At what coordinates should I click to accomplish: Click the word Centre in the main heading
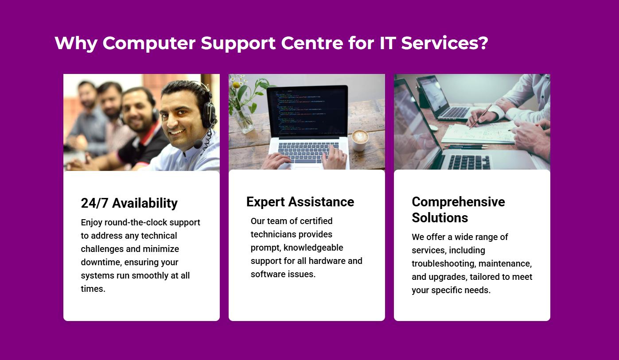312,43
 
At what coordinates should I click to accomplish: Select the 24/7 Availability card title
129,203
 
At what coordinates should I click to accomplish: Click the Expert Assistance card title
300,202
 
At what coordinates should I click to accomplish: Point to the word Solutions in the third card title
440,217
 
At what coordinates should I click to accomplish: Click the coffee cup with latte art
360,139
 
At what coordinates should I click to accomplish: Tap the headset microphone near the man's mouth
198,144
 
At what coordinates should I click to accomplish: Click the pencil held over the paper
481,116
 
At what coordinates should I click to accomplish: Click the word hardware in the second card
327,261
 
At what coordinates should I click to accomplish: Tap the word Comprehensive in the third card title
458,202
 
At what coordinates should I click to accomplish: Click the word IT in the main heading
388,43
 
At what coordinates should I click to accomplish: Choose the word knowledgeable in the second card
313,248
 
